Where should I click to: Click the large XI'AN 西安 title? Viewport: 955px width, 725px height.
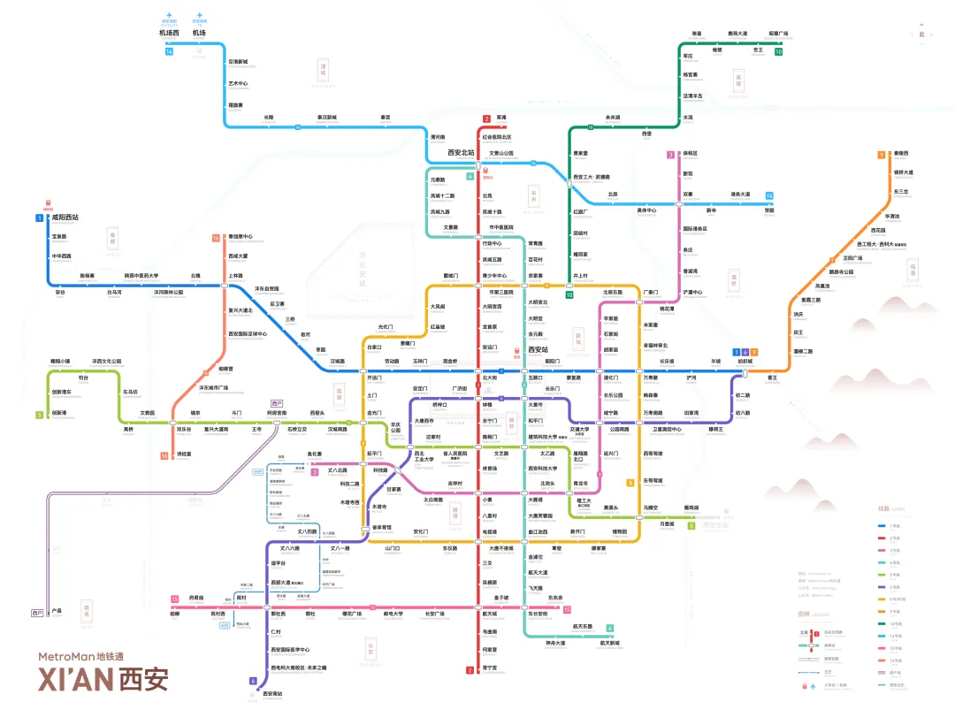pyautogui.click(x=103, y=679)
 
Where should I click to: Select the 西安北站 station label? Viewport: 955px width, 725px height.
pyautogui.click(x=461, y=153)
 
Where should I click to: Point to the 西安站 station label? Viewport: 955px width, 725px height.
pyautogui.click(x=538, y=350)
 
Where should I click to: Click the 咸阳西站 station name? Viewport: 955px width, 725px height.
pyautogui.click(x=65, y=217)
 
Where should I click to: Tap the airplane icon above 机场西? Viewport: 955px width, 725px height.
pyautogui.click(x=169, y=16)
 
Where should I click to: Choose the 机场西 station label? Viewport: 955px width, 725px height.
pyautogui.click(x=169, y=33)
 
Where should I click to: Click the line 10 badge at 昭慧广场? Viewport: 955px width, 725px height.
pyautogui.click(x=778, y=51)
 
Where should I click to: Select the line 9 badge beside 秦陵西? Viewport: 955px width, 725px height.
pyautogui.click(x=882, y=155)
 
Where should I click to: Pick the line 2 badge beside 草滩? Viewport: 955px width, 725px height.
pyautogui.click(x=485, y=118)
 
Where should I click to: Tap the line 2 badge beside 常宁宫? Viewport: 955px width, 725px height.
pyautogui.click(x=470, y=670)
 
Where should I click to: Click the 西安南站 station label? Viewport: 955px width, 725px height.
pyautogui.click(x=272, y=693)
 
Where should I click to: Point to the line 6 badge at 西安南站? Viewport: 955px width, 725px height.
pyautogui.click(x=253, y=681)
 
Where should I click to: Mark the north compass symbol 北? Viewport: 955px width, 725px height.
pyautogui.click(x=921, y=34)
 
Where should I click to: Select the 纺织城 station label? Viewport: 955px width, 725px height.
pyautogui.click(x=745, y=361)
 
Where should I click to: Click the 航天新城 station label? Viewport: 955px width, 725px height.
pyautogui.click(x=609, y=643)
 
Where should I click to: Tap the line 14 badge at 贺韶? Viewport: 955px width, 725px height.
pyautogui.click(x=769, y=195)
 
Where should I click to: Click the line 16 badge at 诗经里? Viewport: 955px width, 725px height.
pyautogui.click(x=164, y=455)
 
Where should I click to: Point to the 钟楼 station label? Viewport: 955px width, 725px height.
pyautogui.click(x=486, y=404)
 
